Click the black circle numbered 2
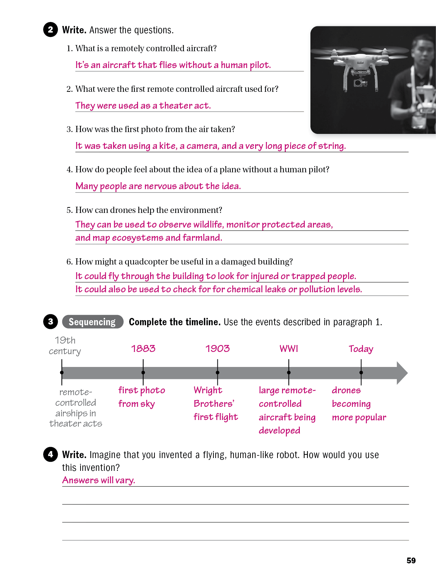[x=51, y=30]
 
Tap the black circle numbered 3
[x=51, y=322]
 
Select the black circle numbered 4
[x=51, y=454]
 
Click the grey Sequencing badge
[x=93, y=322]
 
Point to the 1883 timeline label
[x=143, y=349]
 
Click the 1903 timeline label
[x=217, y=349]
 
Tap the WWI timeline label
[x=289, y=349]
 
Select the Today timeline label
[x=361, y=349]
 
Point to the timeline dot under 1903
[x=217, y=373]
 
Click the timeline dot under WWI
[x=289, y=373]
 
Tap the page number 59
[x=411, y=560]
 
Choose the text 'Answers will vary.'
[x=99, y=480]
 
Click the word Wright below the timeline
[x=208, y=390]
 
